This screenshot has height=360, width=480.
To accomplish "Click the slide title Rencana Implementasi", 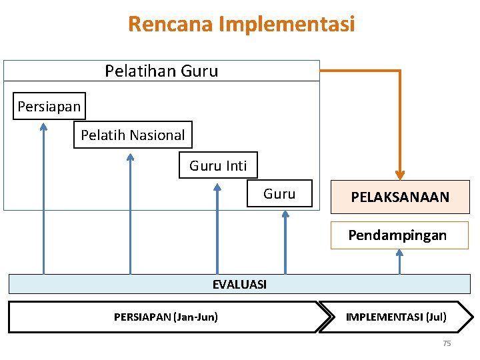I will pyautogui.click(x=241, y=24).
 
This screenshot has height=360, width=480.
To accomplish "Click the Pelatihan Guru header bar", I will pyautogui.click(x=161, y=71).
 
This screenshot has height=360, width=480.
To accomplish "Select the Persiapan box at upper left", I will pyautogui.click(x=49, y=106).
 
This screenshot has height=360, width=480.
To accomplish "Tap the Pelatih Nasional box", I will pyautogui.click(x=133, y=135).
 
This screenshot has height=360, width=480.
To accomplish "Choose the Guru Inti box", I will pyautogui.click(x=218, y=165).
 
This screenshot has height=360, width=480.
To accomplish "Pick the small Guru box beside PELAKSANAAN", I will pyautogui.click(x=279, y=194).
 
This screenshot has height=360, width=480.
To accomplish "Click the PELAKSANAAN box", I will pyautogui.click(x=400, y=197).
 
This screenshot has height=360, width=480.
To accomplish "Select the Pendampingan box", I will pyautogui.click(x=399, y=235).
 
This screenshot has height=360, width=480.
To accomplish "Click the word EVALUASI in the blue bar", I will pyautogui.click(x=239, y=285).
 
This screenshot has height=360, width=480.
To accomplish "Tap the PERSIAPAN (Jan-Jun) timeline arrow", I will pyautogui.click(x=165, y=317).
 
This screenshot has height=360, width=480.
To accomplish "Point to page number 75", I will pyautogui.click(x=447, y=343).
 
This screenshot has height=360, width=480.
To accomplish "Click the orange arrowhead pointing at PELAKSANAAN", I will pyautogui.click(x=400, y=175).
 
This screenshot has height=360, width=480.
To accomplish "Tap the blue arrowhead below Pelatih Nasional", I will pyautogui.click(x=131, y=157).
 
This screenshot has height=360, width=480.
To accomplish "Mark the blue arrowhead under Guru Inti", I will pyautogui.click(x=217, y=187).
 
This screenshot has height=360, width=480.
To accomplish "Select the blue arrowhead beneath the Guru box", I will pyautogui.click(x=285, y=215).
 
